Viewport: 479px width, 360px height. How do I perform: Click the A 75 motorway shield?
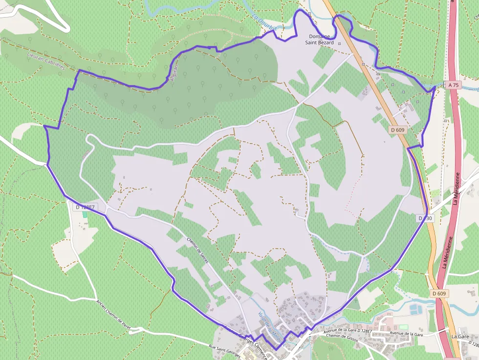tap(453, 85)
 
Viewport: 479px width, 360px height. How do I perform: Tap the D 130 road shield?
tap(425, 218)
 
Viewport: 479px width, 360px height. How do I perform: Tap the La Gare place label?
tap(460, 337)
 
